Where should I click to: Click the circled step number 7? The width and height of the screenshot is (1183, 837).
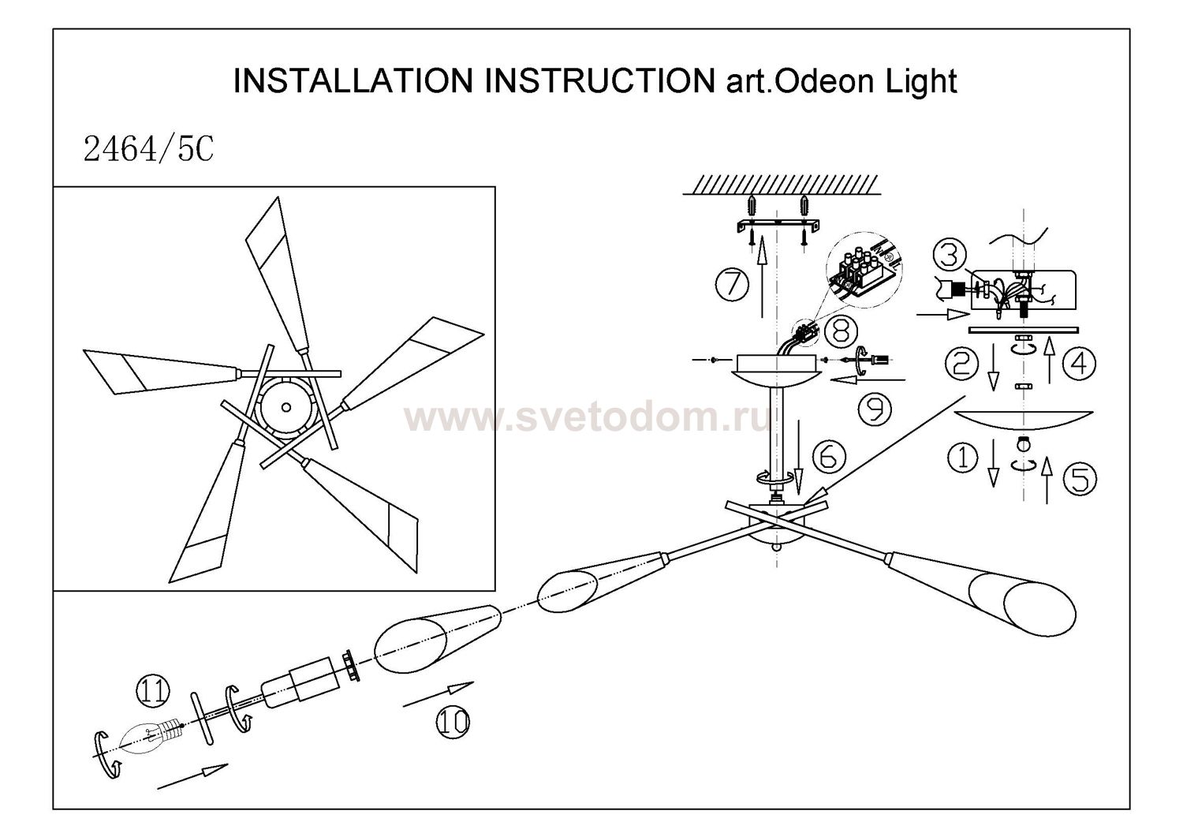coord(733,284)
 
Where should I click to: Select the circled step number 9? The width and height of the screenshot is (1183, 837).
coord(873,408)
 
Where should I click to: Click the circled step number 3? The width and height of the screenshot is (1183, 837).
coord(950,254)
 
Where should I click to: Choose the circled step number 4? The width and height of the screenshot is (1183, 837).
coord(1079,363)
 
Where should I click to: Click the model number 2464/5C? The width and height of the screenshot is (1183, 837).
coord(148,148)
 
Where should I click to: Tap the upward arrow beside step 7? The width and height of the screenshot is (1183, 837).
coord(762,284)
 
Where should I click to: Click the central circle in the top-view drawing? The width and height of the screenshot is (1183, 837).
coord(285,407)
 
